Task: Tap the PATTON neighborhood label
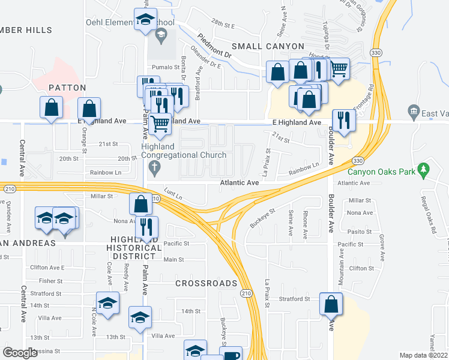(64, 88)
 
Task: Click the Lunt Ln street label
(173, 194)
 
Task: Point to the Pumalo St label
(165, 67)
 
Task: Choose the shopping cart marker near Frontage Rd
(339, 68)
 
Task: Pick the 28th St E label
(222, 26)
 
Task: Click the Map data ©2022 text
(423, 355)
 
